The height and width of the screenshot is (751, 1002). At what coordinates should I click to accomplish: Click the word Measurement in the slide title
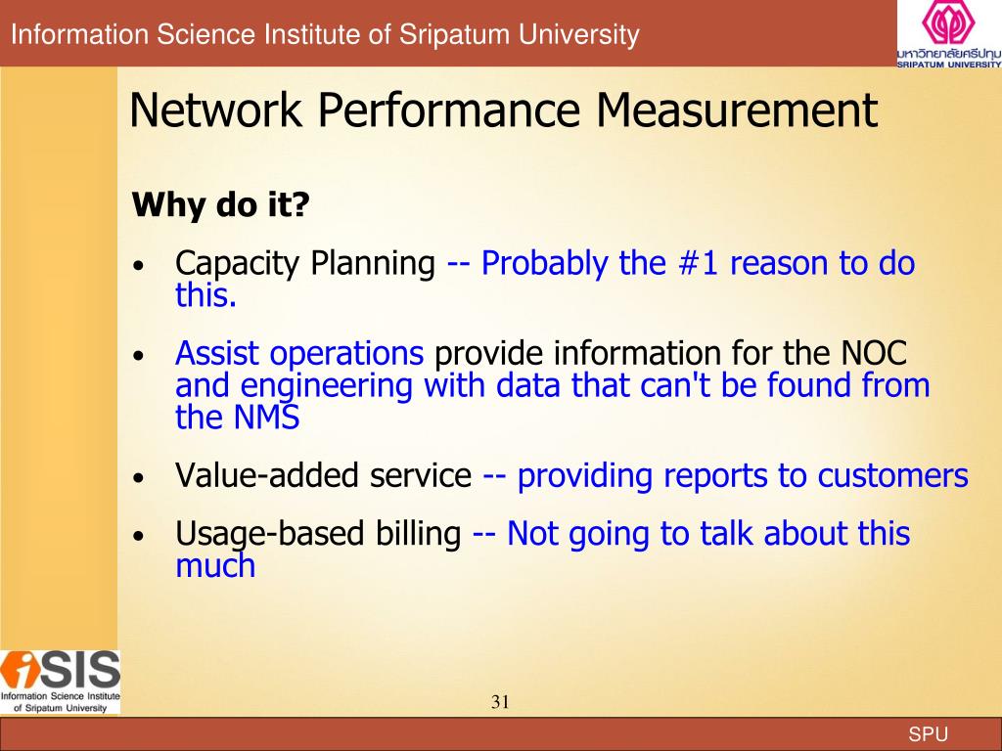[x=737, y=110]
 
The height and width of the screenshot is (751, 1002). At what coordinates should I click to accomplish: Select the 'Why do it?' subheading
[x=220, y=205]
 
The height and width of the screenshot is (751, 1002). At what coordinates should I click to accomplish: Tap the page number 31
[x=501, y=701]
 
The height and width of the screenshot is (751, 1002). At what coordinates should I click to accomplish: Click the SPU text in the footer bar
[x=929, y=735]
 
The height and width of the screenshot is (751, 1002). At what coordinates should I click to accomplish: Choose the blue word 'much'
[x=215, y=565]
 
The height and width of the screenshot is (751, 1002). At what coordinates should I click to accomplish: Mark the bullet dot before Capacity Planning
[x=142, y=266]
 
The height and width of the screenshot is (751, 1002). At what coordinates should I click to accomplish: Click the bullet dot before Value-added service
[x=142, y=478]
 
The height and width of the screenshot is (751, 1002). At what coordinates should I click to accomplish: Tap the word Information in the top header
[x=69, y=35]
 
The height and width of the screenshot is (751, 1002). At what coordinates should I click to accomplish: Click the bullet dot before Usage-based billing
[x=142, y=536]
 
